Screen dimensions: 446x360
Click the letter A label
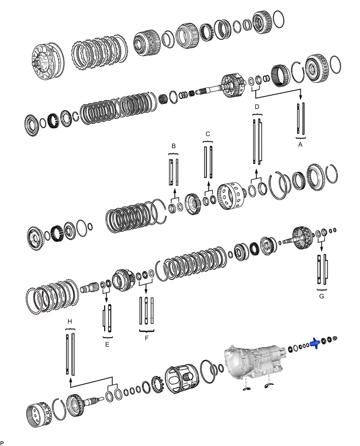[x=299, y=142]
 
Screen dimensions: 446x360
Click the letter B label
[x=173, y=146]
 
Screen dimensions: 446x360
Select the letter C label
[x=208, y=134]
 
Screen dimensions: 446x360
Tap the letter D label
[x=257, y=107]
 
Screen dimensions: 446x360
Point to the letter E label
[x=107, y=344]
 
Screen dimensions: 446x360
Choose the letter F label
[x=147, y=338]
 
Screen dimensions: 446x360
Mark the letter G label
[x=321, y=296]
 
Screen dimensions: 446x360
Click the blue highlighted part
[x=315, y=343]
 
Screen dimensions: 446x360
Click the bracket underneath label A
[x=299, y=136]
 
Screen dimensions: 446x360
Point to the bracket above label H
[x=70, y=328]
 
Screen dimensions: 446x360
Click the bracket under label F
[x=147, y=331]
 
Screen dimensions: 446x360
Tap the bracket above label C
[x=208, y=141]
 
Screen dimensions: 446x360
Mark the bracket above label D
[x=257, y=114]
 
